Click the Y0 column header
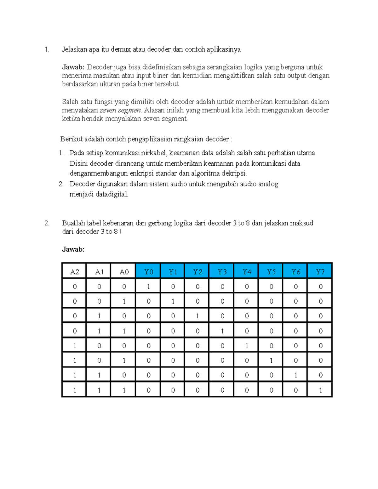coord(148,272)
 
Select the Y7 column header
coord(320,272)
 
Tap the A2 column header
coord(75,272)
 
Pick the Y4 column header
coord(247,272)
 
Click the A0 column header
coord(124,272)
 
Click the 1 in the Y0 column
coord(148,287)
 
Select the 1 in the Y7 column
coord(320,390)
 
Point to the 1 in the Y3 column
coord(222,331)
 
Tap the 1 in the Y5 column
coord(271,361)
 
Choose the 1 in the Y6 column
coord(296,375)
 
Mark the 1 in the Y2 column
coord(198,316)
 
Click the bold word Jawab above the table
coord(73,249)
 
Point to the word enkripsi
coord(141,173)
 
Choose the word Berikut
coord(72,139)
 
